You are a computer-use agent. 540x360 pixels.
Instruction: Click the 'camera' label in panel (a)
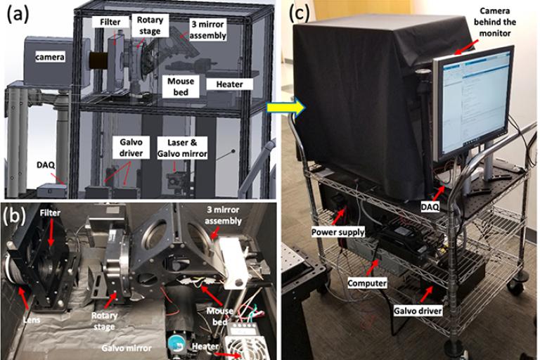click(x=50, y=56)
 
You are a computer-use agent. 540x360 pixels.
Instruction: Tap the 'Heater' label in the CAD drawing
click(x=229, y=84)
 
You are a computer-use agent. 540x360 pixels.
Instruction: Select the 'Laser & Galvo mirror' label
click(x=182, y=148)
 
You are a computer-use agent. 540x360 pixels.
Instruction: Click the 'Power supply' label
click(x=337, y=232)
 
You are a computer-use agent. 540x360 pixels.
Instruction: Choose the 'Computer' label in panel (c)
click(x=367, y=283)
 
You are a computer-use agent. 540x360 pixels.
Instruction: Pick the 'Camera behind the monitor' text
click(x=494, y=22)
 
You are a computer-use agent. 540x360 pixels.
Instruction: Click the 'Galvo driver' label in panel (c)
click(x=418, y=311)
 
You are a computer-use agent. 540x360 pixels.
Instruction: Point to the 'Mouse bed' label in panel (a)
click(x=181, y=86)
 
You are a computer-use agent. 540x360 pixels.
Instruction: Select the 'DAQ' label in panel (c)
click(x=430, y=207)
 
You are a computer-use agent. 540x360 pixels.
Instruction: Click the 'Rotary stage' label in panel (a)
click(x=150, y=25)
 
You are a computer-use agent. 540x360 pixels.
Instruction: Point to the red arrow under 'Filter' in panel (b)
click(x=51, y=233)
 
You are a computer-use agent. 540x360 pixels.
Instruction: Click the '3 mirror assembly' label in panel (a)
click(x=207, y=30)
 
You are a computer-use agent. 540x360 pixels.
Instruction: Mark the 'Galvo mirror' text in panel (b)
click(x=127, y=348)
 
